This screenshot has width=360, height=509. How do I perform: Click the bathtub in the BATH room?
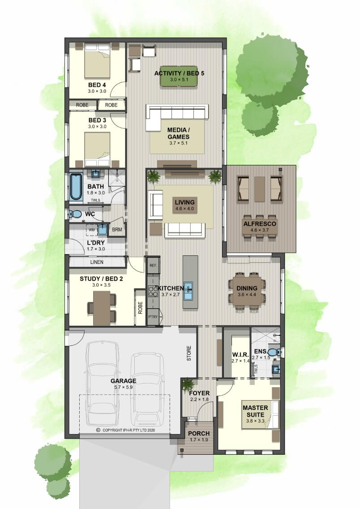click(76, 187)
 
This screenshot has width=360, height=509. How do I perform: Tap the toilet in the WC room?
click(75, 214)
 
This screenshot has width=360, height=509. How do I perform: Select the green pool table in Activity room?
click(179, 77)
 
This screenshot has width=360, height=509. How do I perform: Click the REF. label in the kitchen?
click(153, 266)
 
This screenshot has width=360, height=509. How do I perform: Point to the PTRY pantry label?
click(153, 317)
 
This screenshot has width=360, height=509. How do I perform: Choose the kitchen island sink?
click(189, 291)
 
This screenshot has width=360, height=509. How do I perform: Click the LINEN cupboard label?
click(97, 262)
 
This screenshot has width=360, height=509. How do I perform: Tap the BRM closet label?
click(117, 229)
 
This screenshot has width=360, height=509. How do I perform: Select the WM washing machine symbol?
click(92, 230)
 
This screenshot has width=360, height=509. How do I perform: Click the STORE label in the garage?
click(189, 354)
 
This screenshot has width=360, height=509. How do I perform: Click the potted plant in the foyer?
click(188, 385)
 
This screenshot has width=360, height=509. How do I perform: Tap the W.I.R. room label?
click(240, 354)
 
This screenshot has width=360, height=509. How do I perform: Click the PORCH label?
click(199, 433)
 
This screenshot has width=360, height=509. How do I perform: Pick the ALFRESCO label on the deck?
click(260, 224)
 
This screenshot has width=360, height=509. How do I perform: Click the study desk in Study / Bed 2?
click(102, 308)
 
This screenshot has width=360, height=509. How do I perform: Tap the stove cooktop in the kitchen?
click(152, 291)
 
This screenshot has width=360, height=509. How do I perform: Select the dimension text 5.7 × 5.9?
click(123, 387)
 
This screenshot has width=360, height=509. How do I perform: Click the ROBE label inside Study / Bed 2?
click(140, 308)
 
